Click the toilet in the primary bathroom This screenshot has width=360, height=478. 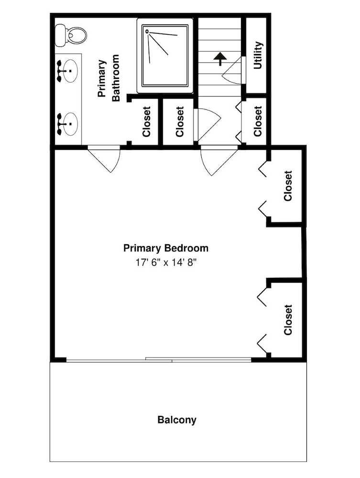(71, 35)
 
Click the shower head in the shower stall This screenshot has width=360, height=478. (147, 31)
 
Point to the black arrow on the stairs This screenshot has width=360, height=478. (220, 58)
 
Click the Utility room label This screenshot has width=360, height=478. (258, 55)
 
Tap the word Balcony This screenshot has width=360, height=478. (177, 420)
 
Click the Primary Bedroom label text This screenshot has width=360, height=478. (166, 248)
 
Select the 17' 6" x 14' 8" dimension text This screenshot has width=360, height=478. (166, 262)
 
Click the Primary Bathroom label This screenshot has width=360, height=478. (109, 78)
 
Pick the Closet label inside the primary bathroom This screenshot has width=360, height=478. (147, 121)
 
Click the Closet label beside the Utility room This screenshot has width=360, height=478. (258, 121)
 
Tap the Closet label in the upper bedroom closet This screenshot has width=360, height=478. (288, 185)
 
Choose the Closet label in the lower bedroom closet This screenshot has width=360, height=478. (288, 320)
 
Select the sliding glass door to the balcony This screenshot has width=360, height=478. (159, 360)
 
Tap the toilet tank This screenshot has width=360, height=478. (60, 36)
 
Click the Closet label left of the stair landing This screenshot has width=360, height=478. (180, 121)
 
